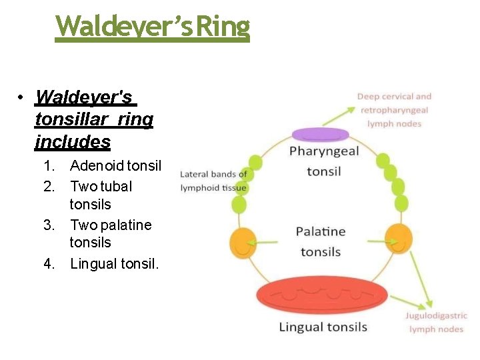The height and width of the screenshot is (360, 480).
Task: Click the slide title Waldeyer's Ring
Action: pos(153,26)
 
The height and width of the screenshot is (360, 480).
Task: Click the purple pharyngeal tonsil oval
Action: pos(321,135)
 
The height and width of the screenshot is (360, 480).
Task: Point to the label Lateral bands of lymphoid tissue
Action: pos(213,181)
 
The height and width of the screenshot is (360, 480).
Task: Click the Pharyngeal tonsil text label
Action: pos(324,161)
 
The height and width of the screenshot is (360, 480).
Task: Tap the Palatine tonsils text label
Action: pos(321,241)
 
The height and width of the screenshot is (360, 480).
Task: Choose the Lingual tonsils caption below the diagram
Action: pos(323,327)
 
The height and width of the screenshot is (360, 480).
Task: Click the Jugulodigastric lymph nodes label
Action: pos(436,323)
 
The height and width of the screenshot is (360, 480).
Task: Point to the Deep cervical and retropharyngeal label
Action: pos(395,110)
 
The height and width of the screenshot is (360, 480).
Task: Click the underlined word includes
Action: pos(73,142)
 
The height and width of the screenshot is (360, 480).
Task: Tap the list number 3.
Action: pos(49,225)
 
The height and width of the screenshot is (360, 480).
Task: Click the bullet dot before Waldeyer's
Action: pos(22,98)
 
